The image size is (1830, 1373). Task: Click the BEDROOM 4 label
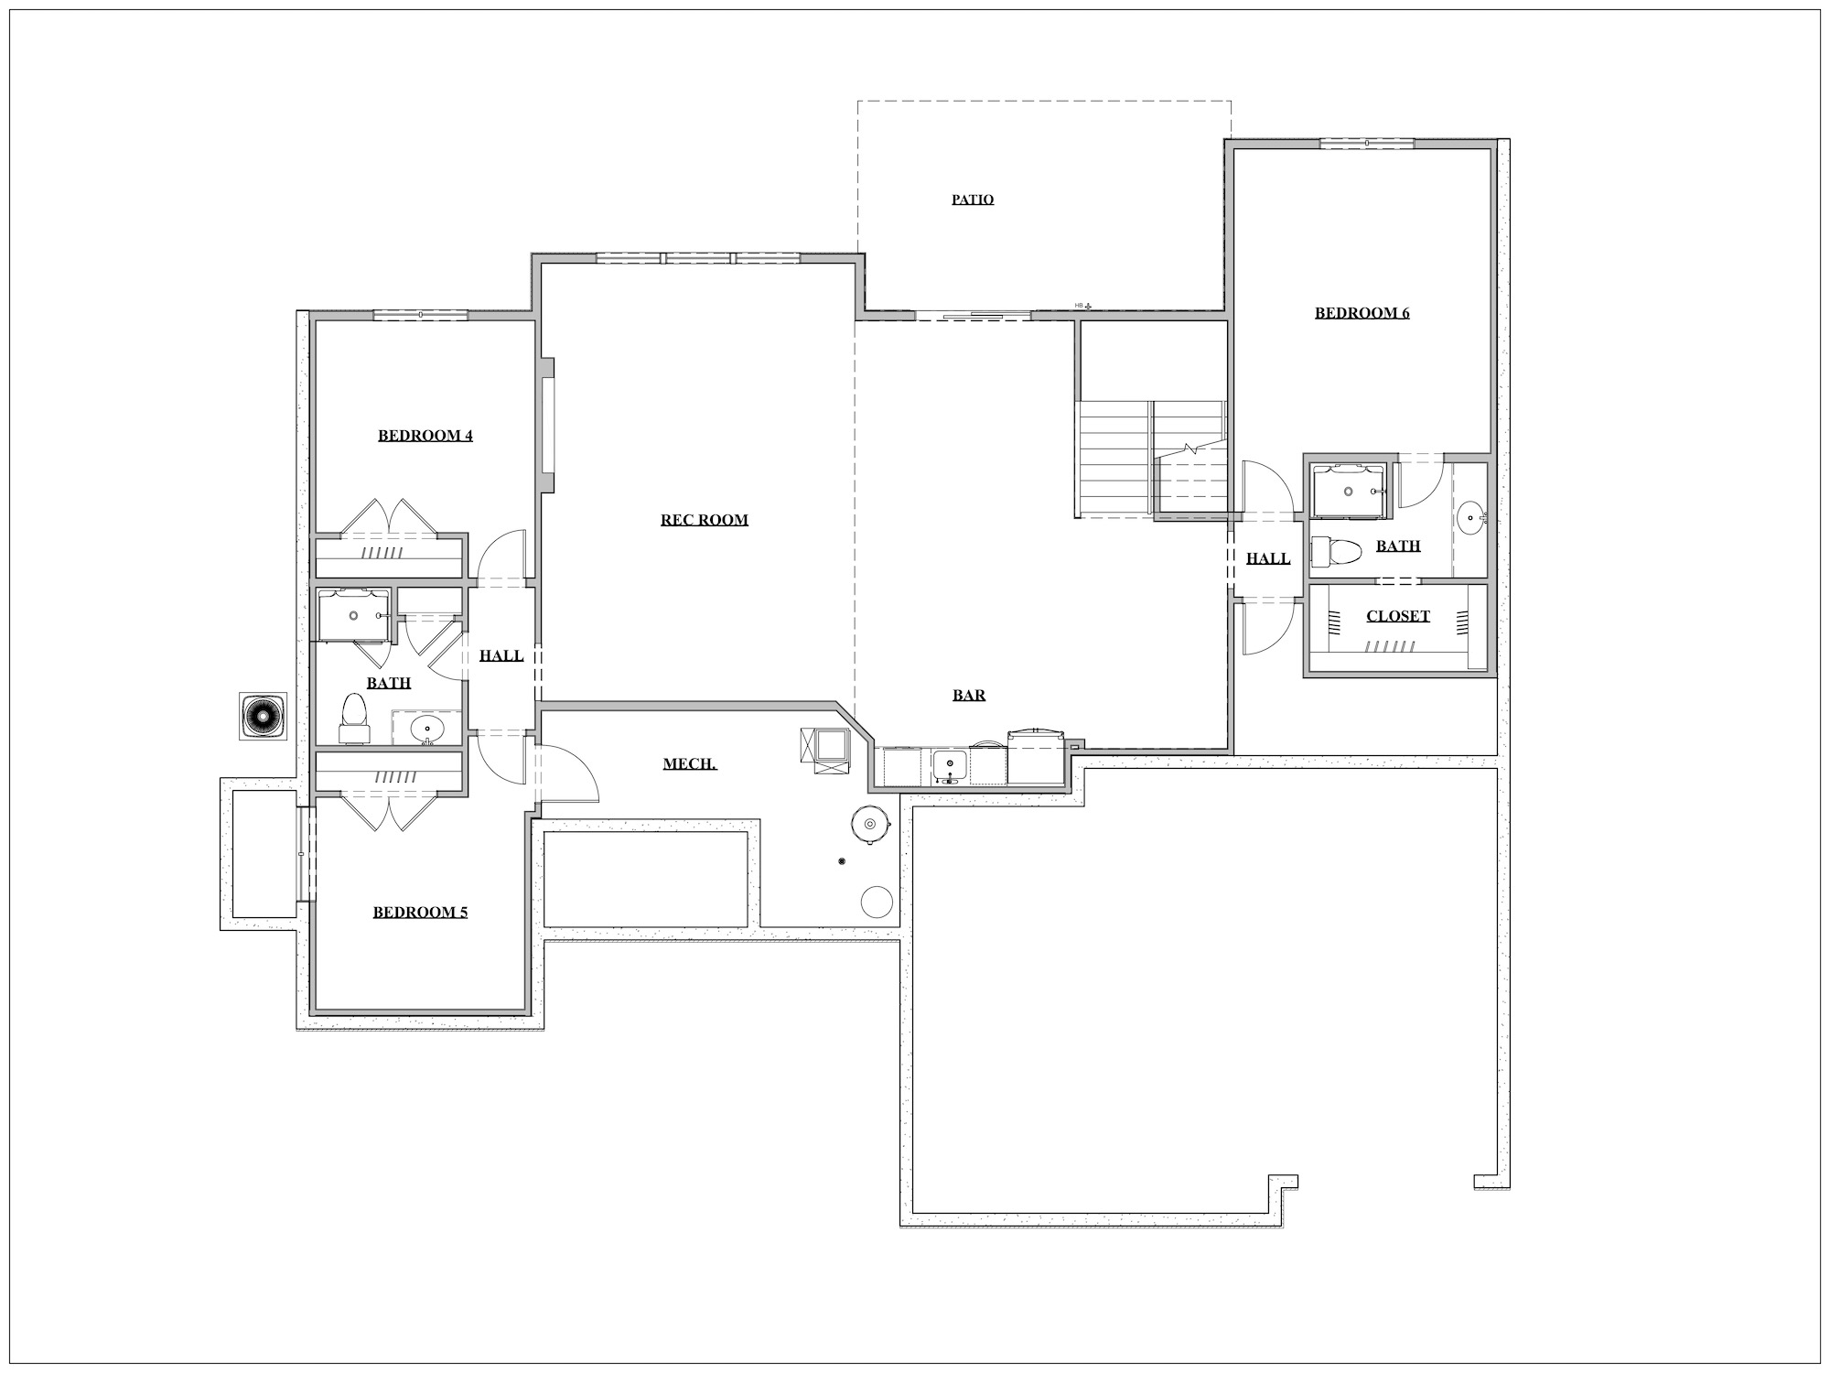coord(425,435)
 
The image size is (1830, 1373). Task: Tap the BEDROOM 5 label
coord(420,912)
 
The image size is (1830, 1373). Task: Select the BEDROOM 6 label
coord(1362,313)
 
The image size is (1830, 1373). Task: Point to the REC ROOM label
coord(705,520)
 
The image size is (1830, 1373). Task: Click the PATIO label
coord(973,200)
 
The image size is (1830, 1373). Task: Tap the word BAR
coord(969,695)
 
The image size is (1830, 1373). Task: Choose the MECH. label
coord(690,763)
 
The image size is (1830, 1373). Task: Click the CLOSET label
coord(1398,616)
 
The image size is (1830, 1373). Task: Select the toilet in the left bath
coord(353,718)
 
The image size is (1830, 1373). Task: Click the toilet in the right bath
coord(1337,550)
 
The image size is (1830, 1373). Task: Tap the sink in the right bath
coord(1470,517)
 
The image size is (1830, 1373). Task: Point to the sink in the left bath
coord(425,730)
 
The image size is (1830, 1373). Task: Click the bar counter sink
coord(950,765)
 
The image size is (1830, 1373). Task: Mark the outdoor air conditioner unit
coord(263,716)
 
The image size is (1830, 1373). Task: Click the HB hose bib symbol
coord(1083,306)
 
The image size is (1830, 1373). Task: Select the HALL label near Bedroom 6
coord(1268,558)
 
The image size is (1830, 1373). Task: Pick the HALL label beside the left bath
coord(501,655)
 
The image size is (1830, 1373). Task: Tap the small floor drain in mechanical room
coord(842,861)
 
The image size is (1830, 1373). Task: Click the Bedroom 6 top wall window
coord(1367,143)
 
